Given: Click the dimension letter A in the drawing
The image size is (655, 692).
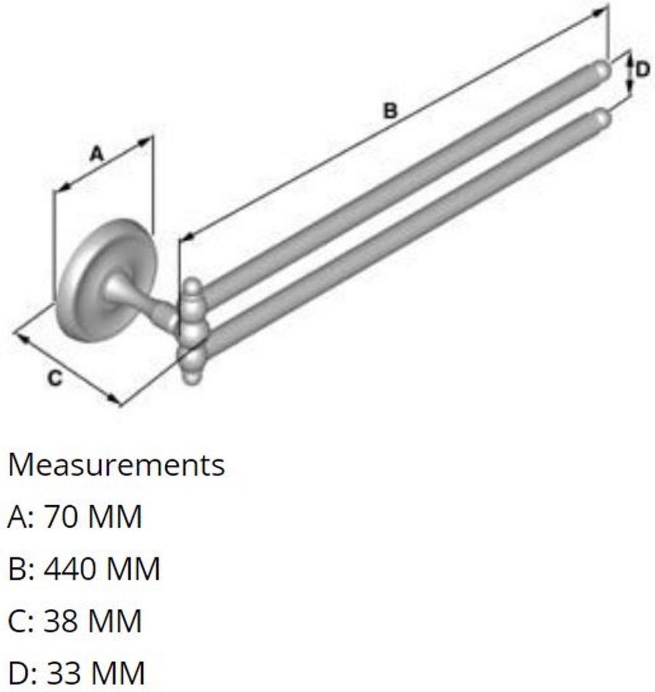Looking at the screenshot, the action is pyautogui.click(x=96, y=154).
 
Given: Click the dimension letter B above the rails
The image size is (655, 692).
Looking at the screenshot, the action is pyautogui.click(x=391, y=111).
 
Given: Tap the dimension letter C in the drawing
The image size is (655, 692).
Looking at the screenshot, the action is pyautogui.click(x=55, y=378).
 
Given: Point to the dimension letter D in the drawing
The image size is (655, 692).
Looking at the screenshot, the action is pyautogui.click(x=642, y=70).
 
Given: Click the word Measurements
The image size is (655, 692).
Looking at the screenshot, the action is pyautogui.click(x=116, y=465).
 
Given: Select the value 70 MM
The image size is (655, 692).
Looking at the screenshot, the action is pyautogui.click(x=93, y=517).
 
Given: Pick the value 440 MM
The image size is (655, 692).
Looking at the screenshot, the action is pyautogui.click(x=101, y=569).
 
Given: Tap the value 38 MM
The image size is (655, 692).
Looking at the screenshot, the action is pyautogui.click(x=93, y=620).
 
